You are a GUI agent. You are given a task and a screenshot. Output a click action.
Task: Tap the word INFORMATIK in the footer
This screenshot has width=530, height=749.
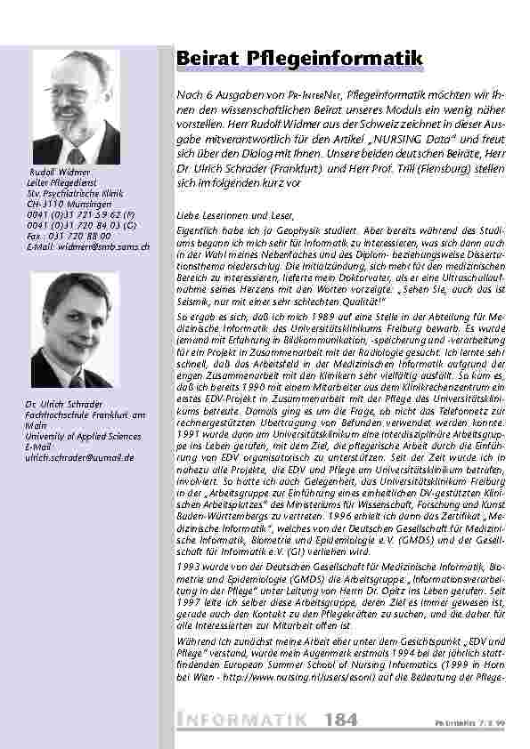pyautogui.click(x=243, y=719)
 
